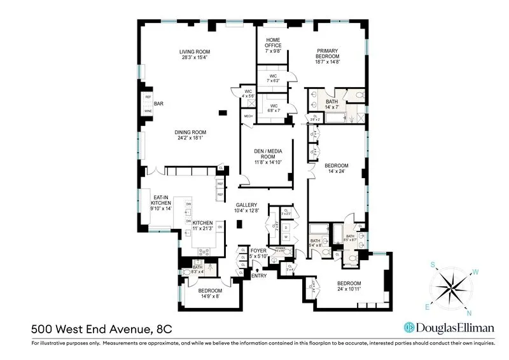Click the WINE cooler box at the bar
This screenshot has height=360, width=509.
pyautogui.click(x=148, y=111)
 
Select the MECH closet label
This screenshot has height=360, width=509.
pyautogui.click(x=248, y=116)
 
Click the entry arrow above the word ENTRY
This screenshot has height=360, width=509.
pyautogui.click(x=257, y=269)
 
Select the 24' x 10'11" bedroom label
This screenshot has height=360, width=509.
pyautogui.click(x=349, y=286)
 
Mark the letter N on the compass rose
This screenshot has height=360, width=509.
pyautogui.click(x=469, y=313)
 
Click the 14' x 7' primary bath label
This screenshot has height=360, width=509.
pyautogui.click(x=331, y=104)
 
